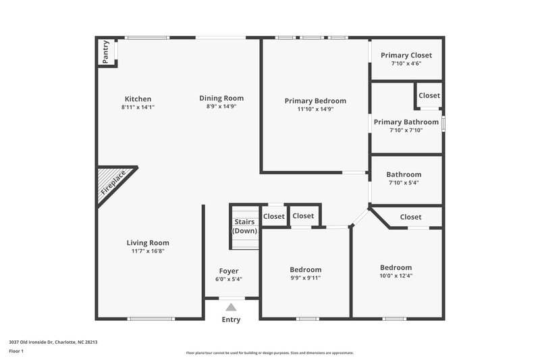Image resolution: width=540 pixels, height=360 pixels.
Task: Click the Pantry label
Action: coord(106,52)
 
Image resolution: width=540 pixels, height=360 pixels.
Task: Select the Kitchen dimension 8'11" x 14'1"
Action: coord(138,107)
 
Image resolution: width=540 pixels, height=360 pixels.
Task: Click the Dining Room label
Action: coord(221,98)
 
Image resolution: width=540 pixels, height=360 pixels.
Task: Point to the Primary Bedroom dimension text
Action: coord(315,109)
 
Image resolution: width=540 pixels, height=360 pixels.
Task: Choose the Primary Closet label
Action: coord(406,55)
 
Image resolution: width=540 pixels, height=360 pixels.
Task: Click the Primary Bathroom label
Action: coord(406,122)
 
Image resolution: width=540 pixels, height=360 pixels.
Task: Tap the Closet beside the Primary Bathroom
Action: coord(429,96)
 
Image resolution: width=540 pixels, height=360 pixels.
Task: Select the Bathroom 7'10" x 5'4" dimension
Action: coord(404,182)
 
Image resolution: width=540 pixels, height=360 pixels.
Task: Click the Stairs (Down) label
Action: coord(244,226)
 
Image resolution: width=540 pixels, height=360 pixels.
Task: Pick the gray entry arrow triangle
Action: coord(231,307)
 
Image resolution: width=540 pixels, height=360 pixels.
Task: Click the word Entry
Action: coord(231,319)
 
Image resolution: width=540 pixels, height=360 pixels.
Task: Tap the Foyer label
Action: coord(229,271)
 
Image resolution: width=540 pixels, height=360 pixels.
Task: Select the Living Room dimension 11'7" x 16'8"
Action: coord(148,251)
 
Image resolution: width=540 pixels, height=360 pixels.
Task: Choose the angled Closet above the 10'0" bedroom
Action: coord(410,217)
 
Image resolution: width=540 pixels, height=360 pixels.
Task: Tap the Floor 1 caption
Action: coord(16,352)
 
